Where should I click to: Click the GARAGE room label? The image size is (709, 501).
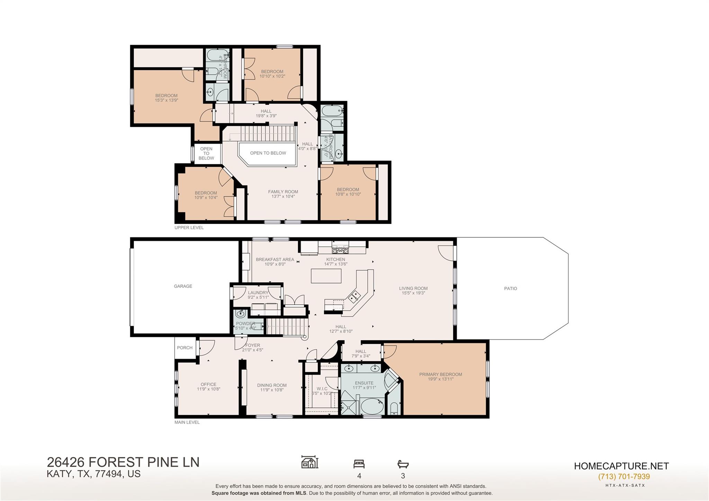point(183,286)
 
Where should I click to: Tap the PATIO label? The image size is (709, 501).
point(510,288)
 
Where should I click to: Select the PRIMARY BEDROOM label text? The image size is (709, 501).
point(440,374)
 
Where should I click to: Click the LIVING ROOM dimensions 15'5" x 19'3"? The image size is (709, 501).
point(413,293)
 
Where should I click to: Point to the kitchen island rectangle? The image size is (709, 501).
point(326,276)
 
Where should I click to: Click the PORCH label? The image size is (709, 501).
point(185,348)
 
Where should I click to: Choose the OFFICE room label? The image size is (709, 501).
point(208,384)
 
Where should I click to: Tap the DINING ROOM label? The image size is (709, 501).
point(272,385)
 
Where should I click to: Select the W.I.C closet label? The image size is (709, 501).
point(322,389)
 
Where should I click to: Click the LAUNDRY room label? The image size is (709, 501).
point(258,293)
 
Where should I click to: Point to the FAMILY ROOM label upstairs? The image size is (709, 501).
point(283,192)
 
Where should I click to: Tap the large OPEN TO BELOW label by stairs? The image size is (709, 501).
point(268,153)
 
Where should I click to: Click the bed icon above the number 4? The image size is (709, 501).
point(359,464)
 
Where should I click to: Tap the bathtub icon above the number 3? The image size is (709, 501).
point(403,464)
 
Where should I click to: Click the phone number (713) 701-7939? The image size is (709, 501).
point(624,476)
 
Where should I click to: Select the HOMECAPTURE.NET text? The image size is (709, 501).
point(621,466)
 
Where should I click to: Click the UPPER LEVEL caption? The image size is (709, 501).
point(189,227)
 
